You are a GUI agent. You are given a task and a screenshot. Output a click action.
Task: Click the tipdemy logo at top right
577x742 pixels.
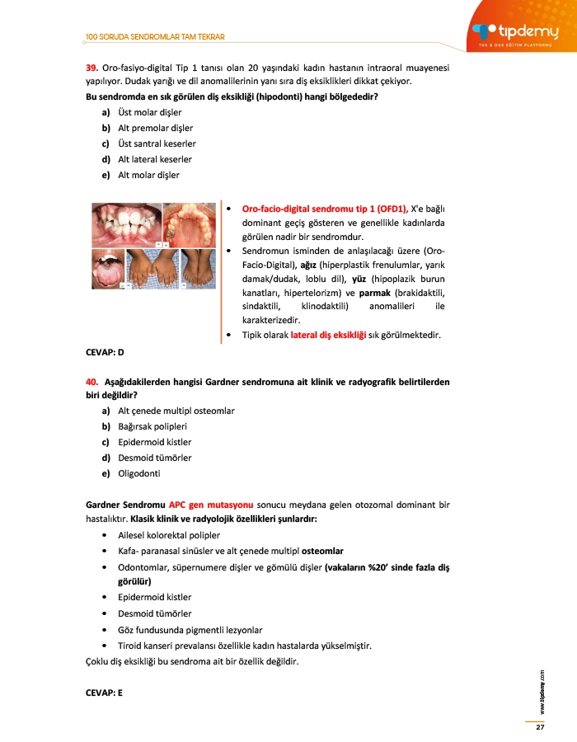click(517, 31)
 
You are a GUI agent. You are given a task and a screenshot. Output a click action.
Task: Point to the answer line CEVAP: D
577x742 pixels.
click(105, 352)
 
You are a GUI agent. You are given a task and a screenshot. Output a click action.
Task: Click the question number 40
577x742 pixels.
click(92, 383)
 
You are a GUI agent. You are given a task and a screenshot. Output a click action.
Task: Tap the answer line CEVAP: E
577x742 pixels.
click(104, 693)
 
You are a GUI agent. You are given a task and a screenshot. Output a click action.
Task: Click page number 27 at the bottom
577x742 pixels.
click(540, 727)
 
